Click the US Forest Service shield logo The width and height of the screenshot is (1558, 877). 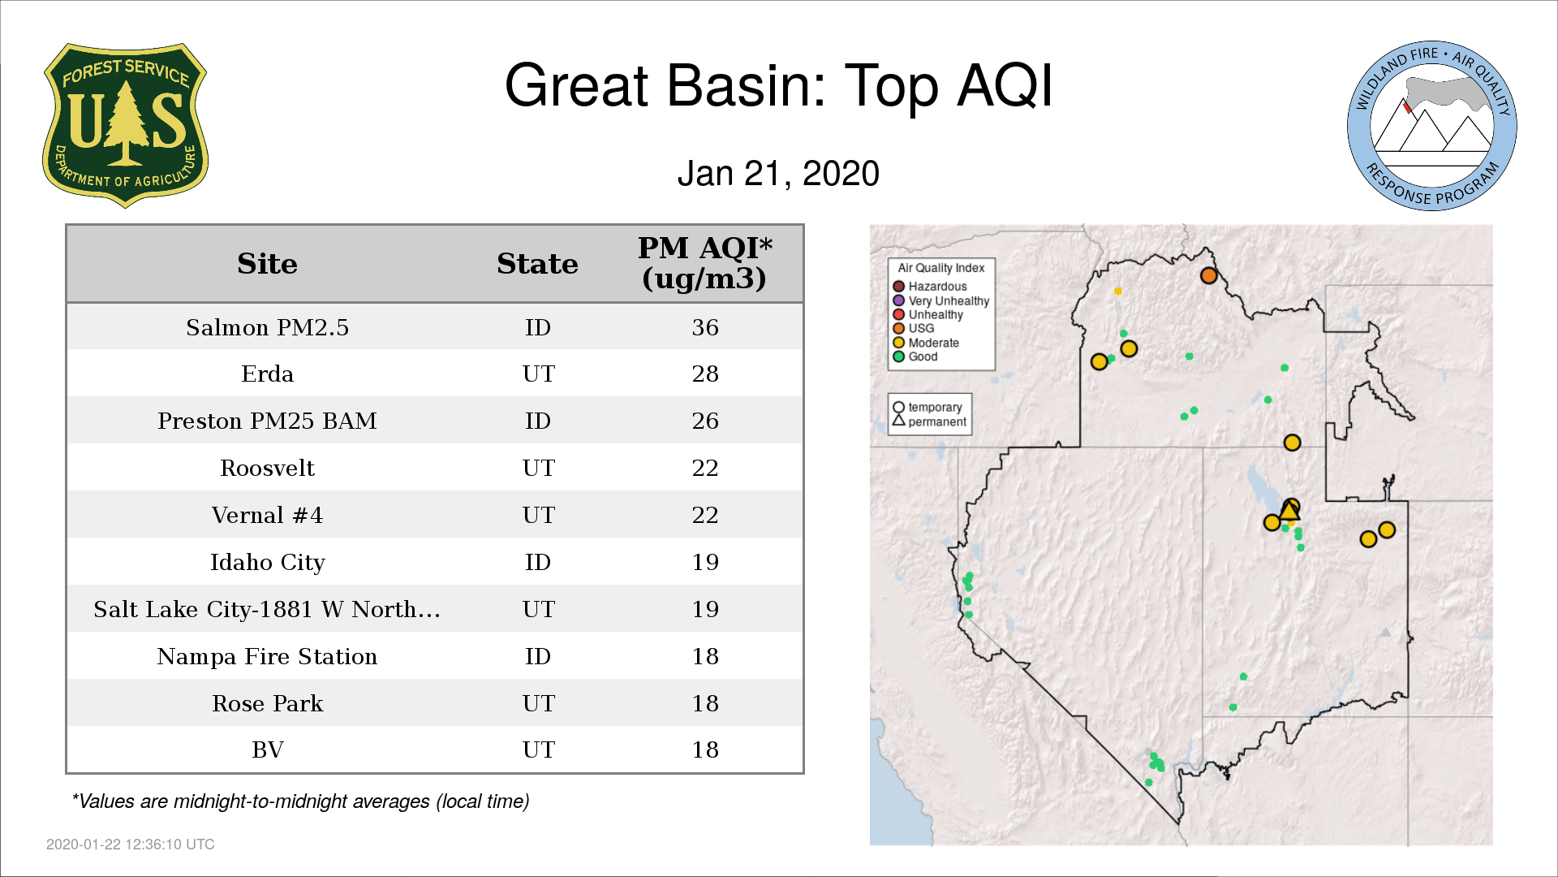125,126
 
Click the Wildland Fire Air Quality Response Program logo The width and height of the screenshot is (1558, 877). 1432,126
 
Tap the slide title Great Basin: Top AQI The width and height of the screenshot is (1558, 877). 778,85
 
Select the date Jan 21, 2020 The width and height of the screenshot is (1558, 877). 778,173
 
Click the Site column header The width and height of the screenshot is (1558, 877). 267,264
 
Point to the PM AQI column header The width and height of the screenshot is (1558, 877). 704,263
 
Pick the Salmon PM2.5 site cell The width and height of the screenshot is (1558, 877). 267,327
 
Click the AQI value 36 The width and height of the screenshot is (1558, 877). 705,327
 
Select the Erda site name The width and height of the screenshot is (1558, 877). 267,374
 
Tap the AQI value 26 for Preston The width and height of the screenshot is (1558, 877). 705,421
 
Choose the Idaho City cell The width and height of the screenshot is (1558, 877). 267,563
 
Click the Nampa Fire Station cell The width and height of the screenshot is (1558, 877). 267,656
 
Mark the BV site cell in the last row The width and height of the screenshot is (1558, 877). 267,750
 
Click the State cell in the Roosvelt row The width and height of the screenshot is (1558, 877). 538,468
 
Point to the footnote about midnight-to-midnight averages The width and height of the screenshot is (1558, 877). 300,801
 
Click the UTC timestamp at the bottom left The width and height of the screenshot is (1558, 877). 130,845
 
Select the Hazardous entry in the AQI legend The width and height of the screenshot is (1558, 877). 930,287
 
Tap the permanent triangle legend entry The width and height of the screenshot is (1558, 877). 930,421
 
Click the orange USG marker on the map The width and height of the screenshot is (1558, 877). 1208,275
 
